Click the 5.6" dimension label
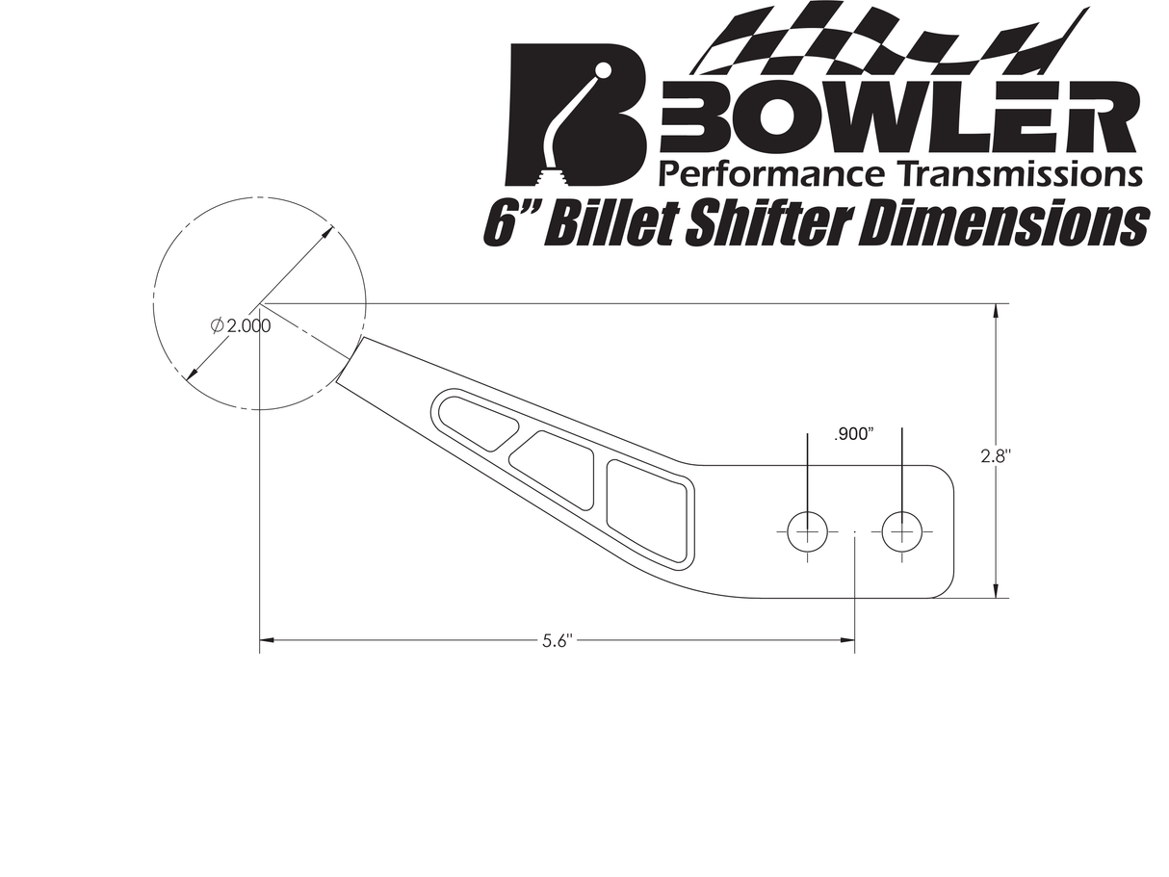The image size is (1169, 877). pos(558,641)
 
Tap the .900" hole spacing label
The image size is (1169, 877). pos(854,434)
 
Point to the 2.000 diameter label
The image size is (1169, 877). pos(241,325)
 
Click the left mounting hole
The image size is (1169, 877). pos(807,531)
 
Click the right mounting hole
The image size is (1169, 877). pos(901,531)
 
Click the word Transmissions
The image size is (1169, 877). pos(1016,173)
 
